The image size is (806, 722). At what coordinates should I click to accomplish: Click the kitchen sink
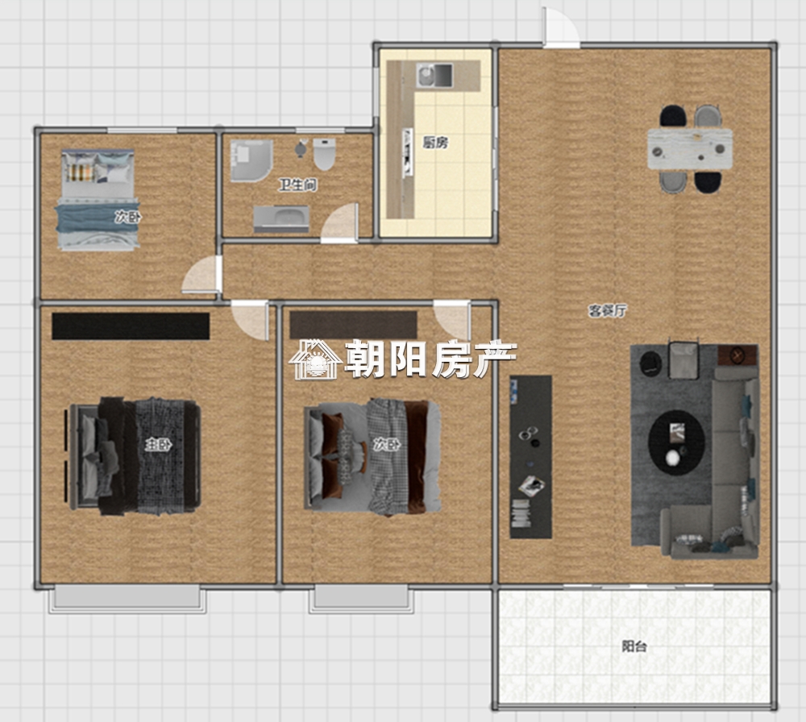coord(434,75)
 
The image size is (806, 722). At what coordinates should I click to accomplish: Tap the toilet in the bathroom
coord(324,154)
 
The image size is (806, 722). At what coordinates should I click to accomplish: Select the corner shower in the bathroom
coord(251,160)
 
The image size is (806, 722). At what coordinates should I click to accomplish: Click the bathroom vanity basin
coord(281,219)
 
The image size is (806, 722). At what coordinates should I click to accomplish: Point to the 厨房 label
coord(435,143)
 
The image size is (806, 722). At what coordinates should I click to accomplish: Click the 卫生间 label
coord(297,185)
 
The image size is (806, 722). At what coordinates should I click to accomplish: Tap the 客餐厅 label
coord(608,311)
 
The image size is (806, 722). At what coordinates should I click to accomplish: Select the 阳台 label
coord(634,646)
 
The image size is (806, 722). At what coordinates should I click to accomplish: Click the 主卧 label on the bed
coord(158,445)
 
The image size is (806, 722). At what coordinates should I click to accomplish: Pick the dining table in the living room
coord(690,149)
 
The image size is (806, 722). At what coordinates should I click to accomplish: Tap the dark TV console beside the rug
coord(531,457)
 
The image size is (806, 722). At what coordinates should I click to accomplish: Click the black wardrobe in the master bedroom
coord(131,326)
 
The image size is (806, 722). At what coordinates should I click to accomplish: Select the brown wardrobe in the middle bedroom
coord(353,326)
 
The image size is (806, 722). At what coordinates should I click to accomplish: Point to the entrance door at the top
coord(561,28)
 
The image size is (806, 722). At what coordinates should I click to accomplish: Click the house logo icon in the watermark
coord(316,359)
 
